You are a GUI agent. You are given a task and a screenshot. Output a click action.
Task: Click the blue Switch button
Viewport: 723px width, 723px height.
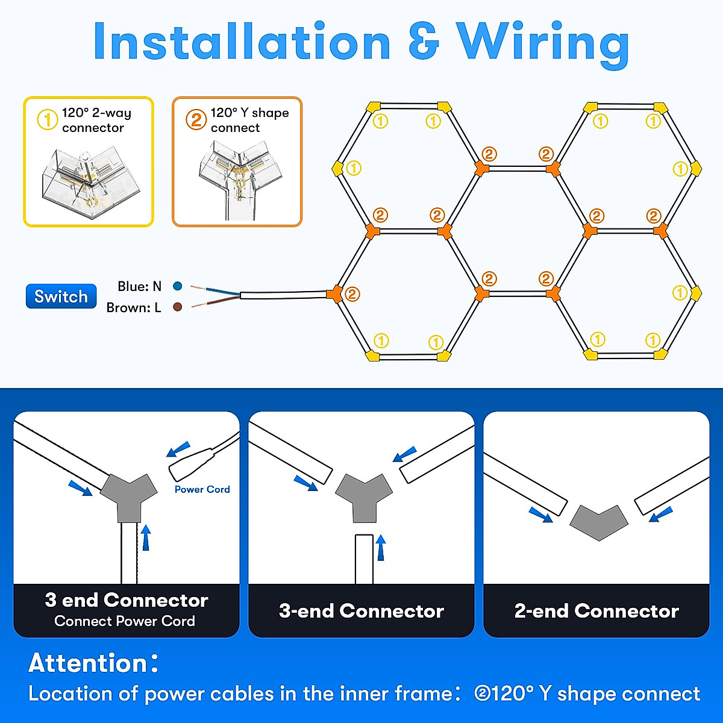point(61,296)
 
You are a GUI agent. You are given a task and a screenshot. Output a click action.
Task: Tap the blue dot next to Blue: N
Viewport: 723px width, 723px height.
point(177,286)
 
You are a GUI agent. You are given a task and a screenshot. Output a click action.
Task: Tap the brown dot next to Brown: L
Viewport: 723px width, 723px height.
point(177,307)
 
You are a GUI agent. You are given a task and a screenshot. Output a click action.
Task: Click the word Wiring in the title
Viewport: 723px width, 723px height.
point(542,42)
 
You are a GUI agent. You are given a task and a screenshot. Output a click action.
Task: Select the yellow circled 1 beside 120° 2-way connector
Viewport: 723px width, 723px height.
point(48,119)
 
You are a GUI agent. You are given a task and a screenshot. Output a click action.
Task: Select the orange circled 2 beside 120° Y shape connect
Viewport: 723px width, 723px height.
point(196,119)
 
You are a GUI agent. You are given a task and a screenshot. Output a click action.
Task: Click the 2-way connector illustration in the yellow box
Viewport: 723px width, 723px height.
point(90,181)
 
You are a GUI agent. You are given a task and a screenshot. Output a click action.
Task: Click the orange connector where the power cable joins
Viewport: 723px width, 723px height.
point(334,294)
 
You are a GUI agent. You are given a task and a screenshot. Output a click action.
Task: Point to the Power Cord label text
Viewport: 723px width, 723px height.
point(202,489)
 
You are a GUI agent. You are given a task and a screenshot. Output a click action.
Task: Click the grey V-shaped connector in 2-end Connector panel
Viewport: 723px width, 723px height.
point(599,521)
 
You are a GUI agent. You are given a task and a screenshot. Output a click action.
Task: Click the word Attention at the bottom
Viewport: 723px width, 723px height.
point(89,663)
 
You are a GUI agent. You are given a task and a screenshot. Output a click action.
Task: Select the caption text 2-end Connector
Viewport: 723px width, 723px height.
point(596,611)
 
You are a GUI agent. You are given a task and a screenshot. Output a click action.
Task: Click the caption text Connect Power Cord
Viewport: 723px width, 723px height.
point(125,621)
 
